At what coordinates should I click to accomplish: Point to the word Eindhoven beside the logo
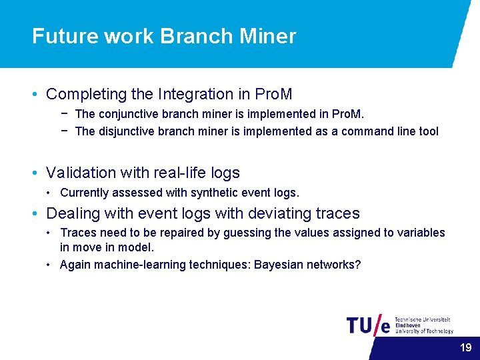click(x=407, y=325)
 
